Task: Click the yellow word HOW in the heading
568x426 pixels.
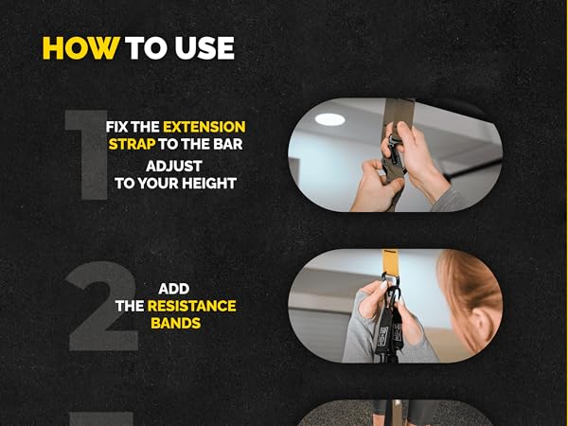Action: pos(80,48)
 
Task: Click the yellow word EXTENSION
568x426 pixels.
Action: pos(204,126)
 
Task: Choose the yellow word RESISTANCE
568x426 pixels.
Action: pos(192,306)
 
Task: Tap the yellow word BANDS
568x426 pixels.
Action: pos(177,324)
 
